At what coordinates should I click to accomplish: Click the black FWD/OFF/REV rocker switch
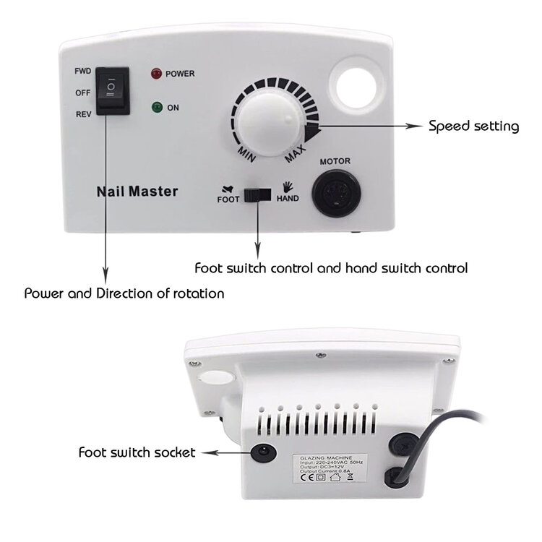click(114, 92)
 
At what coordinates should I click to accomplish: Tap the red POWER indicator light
click(155, 74)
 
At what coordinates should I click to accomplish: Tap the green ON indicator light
click(155, 108)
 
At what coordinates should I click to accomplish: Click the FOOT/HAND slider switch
click(257, 194)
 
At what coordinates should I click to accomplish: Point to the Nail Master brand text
click(137, 192)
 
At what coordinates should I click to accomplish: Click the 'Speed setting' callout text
click(473, 126)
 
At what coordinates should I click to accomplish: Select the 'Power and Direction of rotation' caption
click(124, 293)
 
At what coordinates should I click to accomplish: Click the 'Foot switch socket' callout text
click(137, 452)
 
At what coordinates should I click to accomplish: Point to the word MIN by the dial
click(245, 150)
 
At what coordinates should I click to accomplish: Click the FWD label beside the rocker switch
click(82, 72)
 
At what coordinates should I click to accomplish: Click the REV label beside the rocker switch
click(82, 113)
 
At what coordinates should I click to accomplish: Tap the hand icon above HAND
click(288, 185)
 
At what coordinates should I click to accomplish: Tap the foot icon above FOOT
click(228, 185)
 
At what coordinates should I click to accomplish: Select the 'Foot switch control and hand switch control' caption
click(331, 267)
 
